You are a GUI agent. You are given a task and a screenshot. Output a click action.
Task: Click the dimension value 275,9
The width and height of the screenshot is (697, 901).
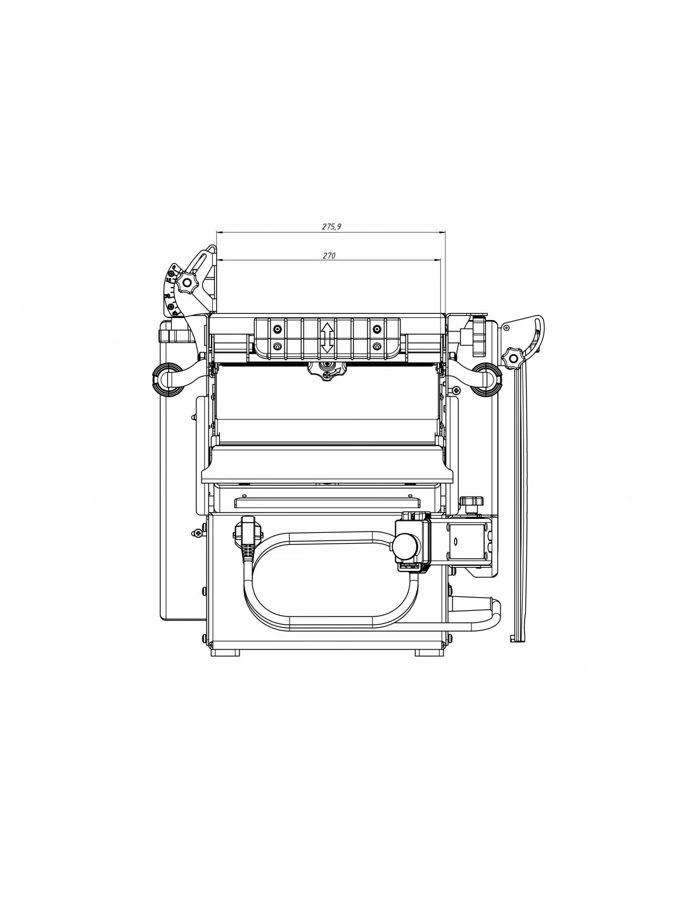click(331, 226)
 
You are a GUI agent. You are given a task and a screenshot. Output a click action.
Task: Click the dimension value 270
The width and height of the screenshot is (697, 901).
click(329, 256)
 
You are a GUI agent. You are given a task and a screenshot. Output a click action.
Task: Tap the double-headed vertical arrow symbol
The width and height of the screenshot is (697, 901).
click(327, 338)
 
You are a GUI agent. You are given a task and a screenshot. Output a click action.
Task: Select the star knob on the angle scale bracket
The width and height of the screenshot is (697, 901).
click(188, 284)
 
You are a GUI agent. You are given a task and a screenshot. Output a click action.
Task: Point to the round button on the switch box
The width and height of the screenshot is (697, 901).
click(405, 545)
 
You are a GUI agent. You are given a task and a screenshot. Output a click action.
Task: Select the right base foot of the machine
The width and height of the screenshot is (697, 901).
click(429, 652)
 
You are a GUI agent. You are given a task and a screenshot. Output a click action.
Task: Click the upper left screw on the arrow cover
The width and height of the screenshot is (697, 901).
click(277, 329)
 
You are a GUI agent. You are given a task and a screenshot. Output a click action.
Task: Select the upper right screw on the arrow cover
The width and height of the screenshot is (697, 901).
click(377, 329)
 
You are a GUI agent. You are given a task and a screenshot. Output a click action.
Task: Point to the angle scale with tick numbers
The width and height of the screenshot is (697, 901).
click(170, 291)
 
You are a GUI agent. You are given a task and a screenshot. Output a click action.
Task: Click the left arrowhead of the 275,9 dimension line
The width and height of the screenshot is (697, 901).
click(219, 233)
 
